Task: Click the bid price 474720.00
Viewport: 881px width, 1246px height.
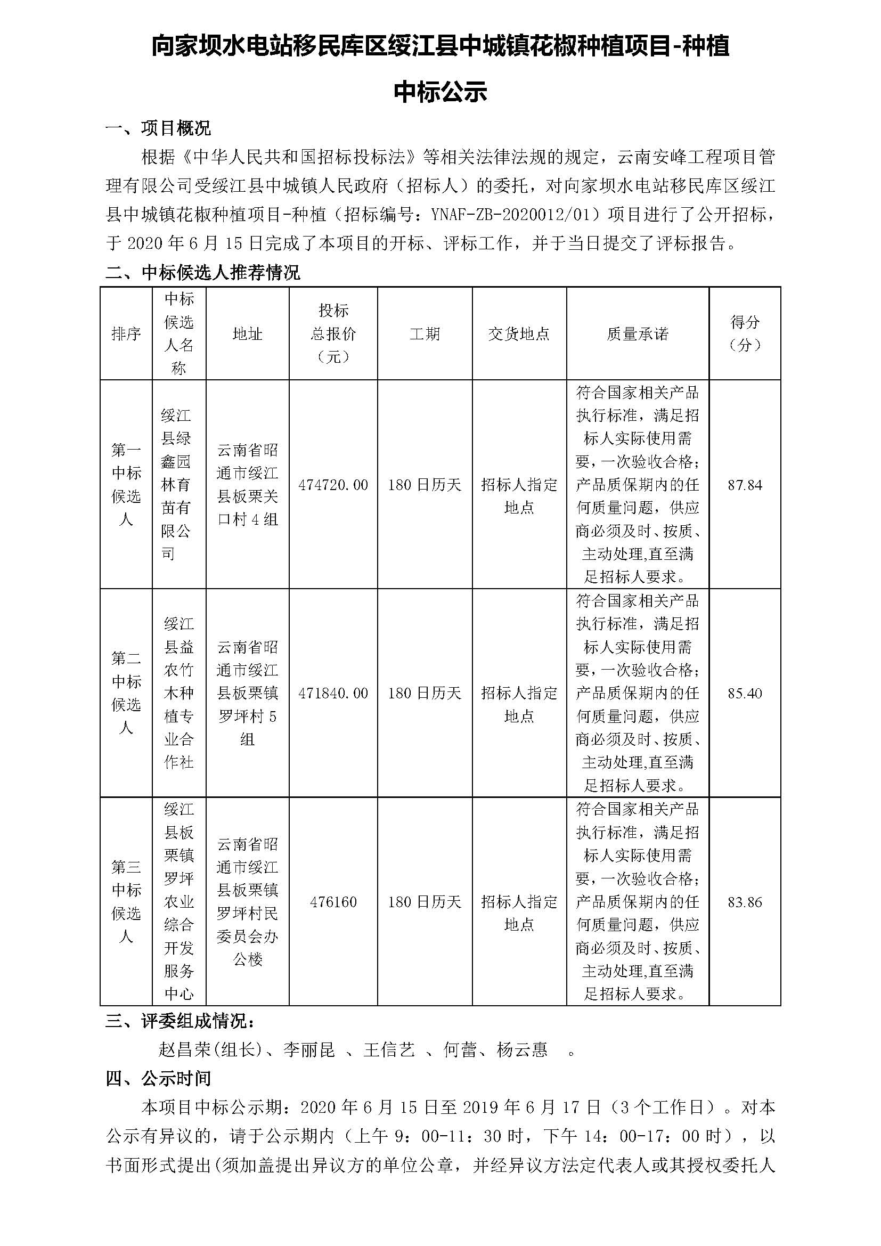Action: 333,485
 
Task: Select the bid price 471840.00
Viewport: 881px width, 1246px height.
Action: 333,693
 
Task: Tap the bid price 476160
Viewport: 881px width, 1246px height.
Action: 333,902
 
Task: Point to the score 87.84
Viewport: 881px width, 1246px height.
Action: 745,485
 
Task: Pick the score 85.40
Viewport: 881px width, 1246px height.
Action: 745,693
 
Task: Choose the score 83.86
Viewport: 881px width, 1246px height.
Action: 745,902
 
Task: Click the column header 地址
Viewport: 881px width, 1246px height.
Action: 247,334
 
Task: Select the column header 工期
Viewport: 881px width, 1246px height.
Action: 425,334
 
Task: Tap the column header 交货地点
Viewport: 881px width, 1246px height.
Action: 519,334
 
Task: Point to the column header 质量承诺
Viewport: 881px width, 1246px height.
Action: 638,334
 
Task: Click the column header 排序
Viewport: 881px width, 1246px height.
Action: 126,334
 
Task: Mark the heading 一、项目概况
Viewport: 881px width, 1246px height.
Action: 158,128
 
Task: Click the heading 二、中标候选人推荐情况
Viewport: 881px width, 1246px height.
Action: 202,272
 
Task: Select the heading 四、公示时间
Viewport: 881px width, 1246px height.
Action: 158,1078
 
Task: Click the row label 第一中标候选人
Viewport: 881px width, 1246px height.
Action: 126,485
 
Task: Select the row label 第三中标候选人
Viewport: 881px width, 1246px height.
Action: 126,902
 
